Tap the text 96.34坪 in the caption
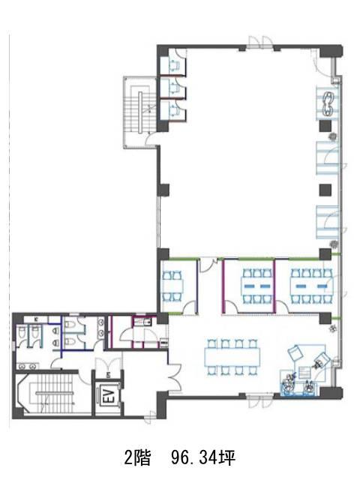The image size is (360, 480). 203,458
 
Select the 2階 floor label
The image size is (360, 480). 137,458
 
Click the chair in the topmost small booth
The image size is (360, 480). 175,66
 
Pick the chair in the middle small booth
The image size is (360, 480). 175,87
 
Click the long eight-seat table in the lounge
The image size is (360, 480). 232,357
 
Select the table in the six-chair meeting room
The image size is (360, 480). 256,286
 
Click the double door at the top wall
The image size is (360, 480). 260,42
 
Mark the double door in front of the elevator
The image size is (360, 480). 108,364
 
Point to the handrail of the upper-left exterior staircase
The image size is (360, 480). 140,112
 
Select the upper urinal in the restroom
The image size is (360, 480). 55,331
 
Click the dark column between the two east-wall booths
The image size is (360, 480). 325,190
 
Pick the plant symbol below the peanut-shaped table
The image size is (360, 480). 333,138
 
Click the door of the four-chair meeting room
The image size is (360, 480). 190,307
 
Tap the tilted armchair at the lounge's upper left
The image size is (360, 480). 295,352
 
